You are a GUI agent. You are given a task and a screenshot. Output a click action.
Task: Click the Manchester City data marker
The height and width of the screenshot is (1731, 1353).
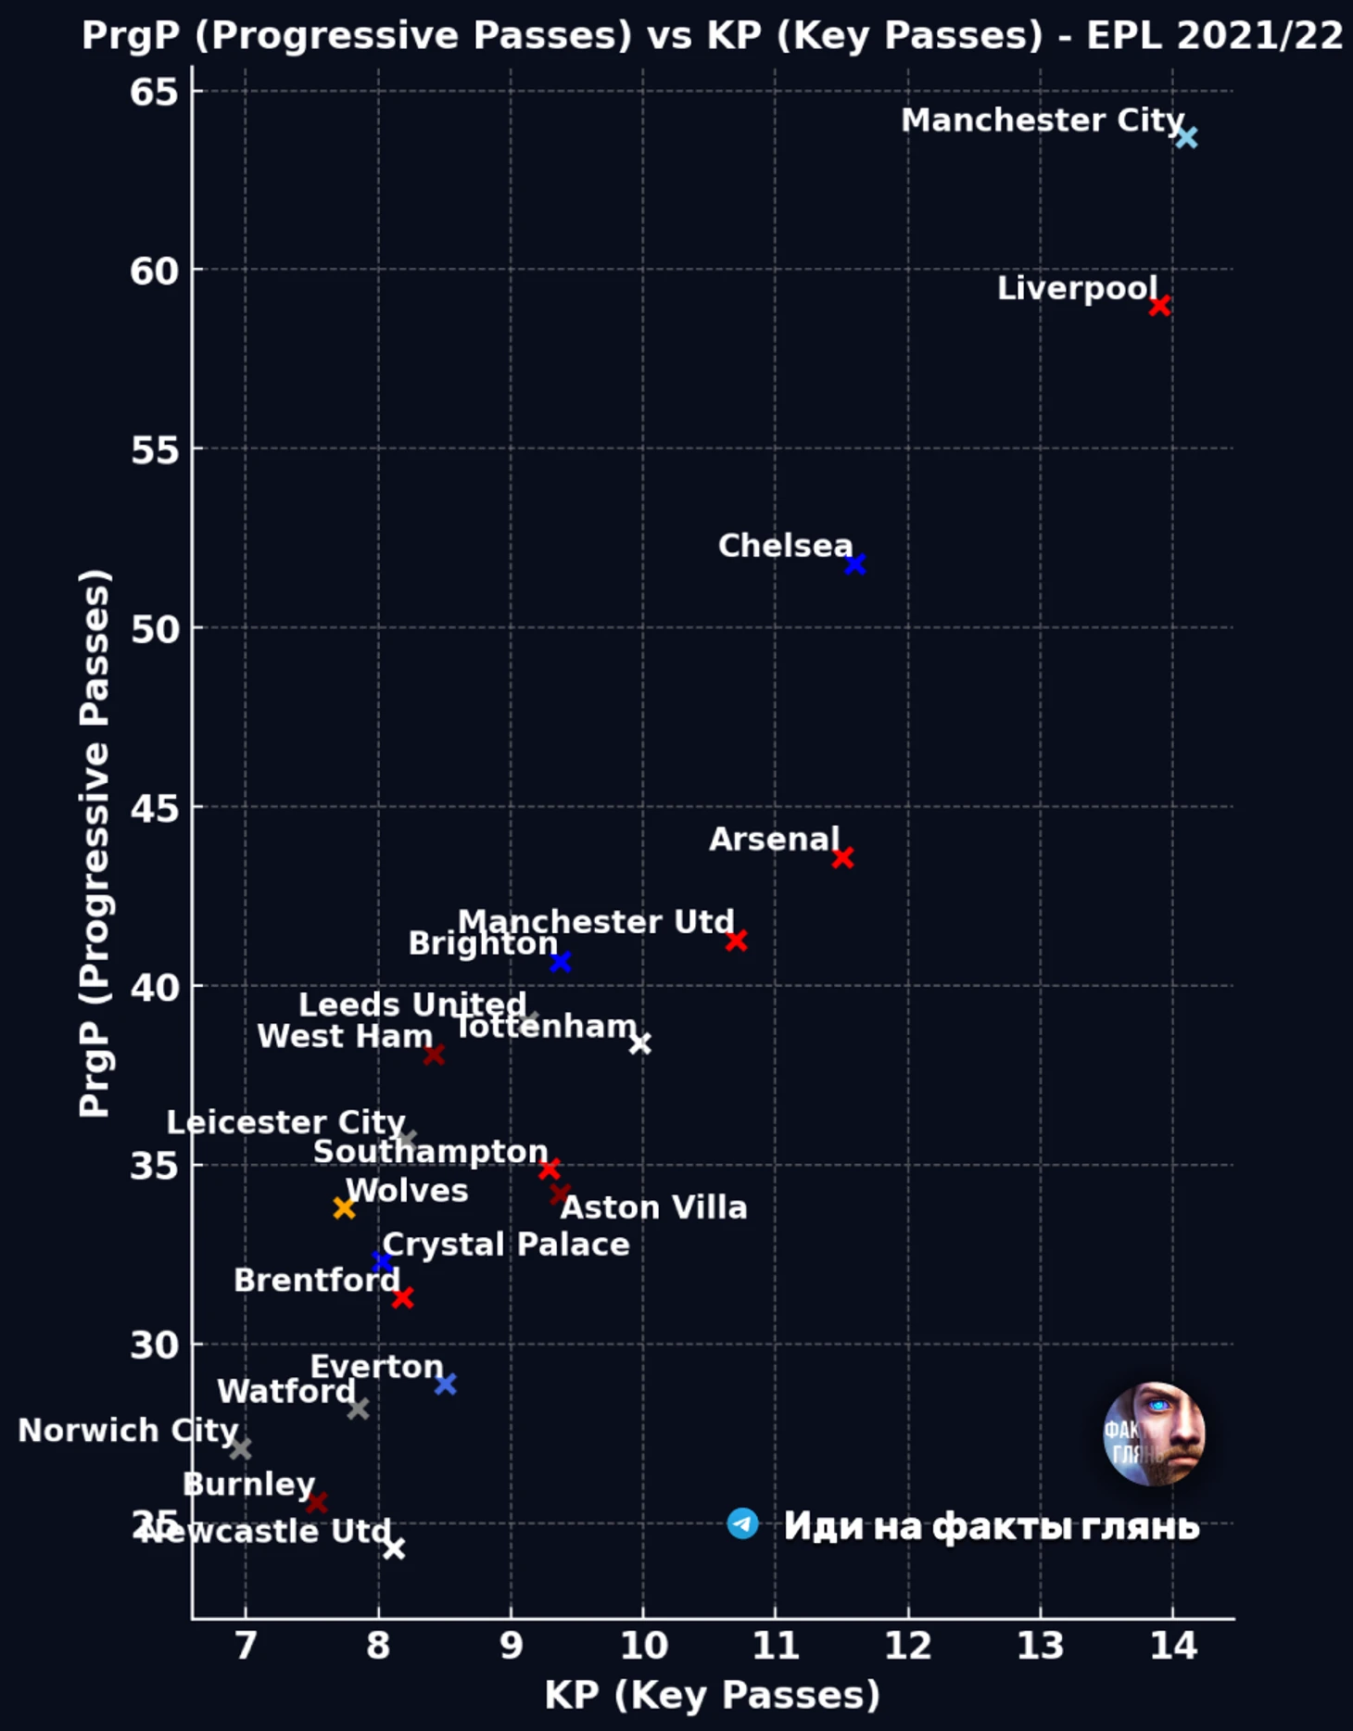click(1186, 137)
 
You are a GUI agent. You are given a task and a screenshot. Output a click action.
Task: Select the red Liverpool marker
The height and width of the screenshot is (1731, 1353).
click(1159, 305)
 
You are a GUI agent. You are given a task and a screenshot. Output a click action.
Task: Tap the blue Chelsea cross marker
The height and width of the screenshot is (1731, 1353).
click(854, 563)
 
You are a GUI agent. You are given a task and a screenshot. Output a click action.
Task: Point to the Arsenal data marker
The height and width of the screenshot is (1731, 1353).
click(841, 857)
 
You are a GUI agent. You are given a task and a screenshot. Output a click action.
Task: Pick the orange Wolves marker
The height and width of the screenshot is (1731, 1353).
click(344, 1207)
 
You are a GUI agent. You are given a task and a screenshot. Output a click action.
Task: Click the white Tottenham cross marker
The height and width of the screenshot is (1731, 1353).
click(639, 1043)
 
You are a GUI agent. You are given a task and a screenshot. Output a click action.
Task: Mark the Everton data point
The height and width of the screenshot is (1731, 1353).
click(445, 1384)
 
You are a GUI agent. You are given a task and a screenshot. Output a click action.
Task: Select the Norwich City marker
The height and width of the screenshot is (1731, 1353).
click(240, 1447)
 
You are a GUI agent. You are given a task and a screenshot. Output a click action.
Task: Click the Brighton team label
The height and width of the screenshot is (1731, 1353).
click(483, 943)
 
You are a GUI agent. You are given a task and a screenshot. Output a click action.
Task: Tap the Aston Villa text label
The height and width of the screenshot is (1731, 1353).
click(653, 1207)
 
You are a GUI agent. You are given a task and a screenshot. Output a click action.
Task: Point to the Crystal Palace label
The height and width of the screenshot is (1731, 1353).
click(506, 1245)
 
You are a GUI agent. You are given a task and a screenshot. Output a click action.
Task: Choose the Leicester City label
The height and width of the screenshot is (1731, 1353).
click(285, 1122)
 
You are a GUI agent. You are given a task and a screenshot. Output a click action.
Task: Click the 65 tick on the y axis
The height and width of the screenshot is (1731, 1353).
click(154, 92)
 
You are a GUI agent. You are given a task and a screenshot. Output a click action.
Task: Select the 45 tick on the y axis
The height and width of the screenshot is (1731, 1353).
click(154, 807)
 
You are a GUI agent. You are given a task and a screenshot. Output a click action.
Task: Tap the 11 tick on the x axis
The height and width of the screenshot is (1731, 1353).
click(775, 1646)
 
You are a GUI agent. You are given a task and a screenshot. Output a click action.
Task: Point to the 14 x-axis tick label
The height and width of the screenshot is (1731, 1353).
click(1172, 1646)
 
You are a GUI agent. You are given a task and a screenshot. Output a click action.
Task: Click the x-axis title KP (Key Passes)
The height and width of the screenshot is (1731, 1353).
click(712, 1695)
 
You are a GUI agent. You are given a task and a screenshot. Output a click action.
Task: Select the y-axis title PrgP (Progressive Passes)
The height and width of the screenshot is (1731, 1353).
click(95, 842)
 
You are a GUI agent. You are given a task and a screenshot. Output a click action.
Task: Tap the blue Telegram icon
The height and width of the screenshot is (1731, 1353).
click(742, 1523)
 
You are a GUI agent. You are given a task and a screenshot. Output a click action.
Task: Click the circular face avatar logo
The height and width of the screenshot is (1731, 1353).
click(1154, 1434)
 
